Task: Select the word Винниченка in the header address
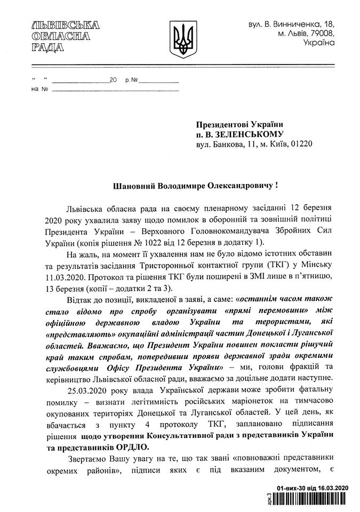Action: point(298,24)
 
